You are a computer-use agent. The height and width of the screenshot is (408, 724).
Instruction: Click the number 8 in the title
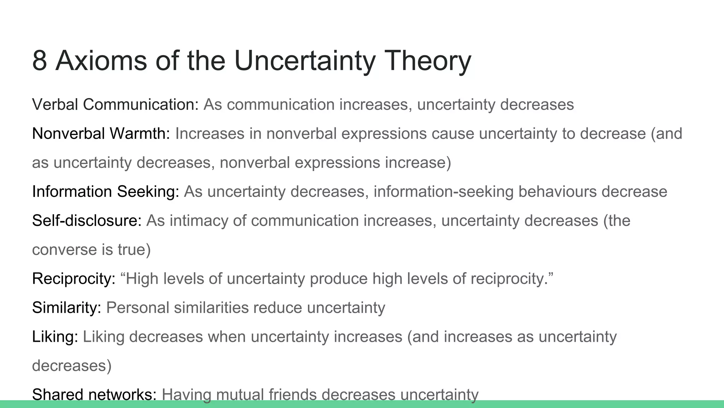pos(40,61)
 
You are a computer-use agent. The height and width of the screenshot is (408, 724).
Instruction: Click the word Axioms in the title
pos(101,61)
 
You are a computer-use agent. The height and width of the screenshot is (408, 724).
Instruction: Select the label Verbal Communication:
pos(116,104)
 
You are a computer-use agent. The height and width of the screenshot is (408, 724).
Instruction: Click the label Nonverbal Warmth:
pos(101,134)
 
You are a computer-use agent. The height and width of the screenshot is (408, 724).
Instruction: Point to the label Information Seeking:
pos(106,192)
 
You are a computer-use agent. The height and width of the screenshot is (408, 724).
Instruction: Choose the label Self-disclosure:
pos(87,221)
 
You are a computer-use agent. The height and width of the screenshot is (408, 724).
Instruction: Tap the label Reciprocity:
pos(74,279)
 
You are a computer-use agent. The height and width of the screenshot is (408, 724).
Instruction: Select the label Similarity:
pos(67,307)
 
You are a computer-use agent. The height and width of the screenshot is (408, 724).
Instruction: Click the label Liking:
pos(55,336)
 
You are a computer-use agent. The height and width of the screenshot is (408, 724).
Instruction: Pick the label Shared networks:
pos(94,394)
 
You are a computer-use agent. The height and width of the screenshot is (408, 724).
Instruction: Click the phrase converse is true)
pos(92,250)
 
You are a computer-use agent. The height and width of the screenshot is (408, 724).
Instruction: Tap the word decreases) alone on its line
pos(72,365)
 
